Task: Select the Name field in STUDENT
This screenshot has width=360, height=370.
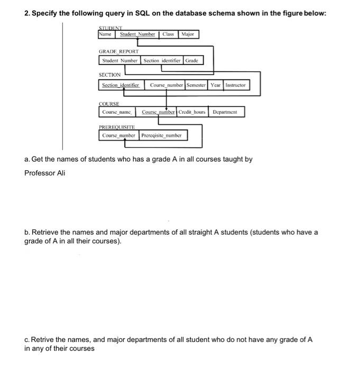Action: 106,34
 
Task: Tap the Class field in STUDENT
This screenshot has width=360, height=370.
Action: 168,34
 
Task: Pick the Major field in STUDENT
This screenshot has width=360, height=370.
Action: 188,34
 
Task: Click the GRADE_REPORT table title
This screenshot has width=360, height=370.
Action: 118,52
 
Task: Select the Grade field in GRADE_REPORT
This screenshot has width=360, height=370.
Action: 191,60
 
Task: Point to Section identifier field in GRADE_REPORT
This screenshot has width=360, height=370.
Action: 161,60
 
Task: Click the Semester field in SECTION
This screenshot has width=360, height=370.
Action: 196,85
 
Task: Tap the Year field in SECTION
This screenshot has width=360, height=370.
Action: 216,85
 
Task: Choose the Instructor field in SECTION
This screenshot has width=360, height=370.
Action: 235,85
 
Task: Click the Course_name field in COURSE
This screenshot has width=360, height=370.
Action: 117,112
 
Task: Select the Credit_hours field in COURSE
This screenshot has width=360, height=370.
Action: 192,112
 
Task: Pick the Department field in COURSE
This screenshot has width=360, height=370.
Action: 225,112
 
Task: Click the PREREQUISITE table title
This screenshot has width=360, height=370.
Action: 117,127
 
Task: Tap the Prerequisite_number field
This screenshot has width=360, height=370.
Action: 161,135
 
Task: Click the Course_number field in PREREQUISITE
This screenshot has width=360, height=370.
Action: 119,135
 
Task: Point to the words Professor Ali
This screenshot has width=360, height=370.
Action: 44,173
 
